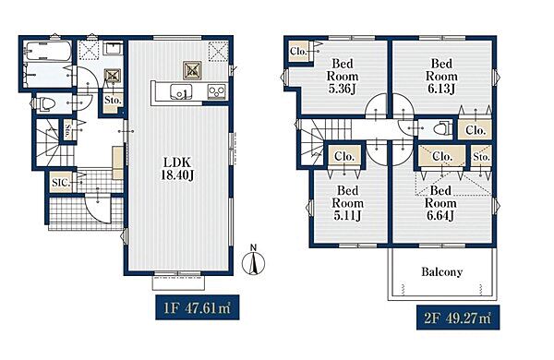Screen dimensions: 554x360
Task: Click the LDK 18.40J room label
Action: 177,169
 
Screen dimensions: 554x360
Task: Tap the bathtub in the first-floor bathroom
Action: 49,52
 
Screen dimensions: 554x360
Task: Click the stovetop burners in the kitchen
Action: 217,91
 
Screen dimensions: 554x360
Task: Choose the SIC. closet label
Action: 61,183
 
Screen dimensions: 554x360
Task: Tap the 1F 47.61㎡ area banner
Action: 198,307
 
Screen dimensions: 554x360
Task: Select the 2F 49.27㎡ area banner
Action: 458,318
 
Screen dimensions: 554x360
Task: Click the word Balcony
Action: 441,272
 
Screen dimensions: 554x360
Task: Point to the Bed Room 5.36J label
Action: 342,77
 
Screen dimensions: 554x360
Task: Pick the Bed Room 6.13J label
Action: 441,77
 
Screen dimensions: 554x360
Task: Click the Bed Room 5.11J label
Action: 348,203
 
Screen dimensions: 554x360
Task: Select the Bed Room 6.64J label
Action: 440,203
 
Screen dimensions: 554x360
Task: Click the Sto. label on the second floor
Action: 481,156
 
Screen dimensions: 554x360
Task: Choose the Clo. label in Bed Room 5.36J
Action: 298,51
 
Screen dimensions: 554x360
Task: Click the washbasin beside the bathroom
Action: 114,48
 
